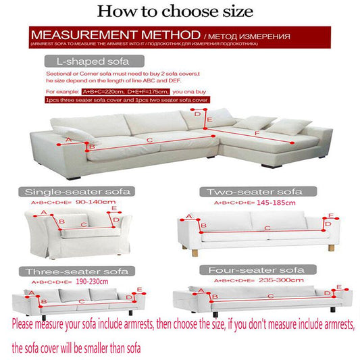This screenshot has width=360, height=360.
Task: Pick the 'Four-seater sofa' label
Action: pyautogui.click(x=259, y=269)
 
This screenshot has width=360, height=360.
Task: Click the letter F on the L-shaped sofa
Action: pyautogui.click(x=256, y=133)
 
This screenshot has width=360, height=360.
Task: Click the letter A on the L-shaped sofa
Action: pyautogui.click(x=67, y=140)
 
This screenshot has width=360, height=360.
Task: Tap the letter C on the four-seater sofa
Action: pyautogui.click(x=270, y=296)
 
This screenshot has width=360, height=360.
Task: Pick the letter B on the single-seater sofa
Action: pyautogui.click(x=61, y=222)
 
